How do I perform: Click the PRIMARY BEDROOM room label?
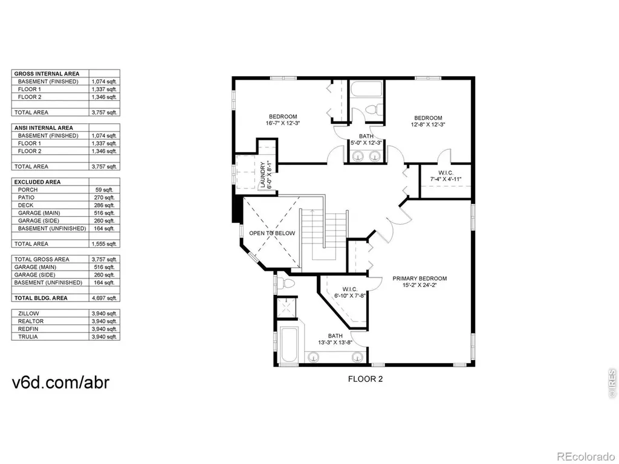420,279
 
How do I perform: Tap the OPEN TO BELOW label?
272,233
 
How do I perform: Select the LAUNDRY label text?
263,175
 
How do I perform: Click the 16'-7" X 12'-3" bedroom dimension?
283,123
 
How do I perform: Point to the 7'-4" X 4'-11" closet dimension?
446,179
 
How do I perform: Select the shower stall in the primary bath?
286,307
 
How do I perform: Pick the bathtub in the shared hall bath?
367,91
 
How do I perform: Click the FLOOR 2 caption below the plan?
366,379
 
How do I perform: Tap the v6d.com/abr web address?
60,382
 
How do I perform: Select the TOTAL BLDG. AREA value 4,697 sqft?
104,298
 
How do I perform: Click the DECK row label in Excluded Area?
25,205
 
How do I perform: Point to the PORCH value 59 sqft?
104,190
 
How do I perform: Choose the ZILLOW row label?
28,314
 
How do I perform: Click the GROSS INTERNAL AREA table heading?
47,74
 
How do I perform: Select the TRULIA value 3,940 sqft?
104,337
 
